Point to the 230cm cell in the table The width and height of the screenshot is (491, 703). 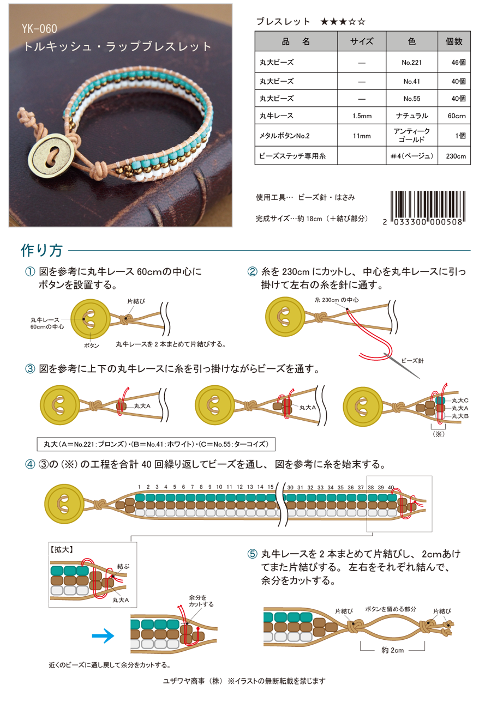(454, 156)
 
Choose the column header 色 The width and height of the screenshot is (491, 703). (412, 40)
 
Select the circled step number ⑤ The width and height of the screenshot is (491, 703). (252, 554)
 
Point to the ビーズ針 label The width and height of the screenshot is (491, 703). (412, 360)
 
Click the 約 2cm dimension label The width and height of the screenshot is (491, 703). (392, 650)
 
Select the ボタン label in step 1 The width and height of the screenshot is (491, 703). (91, 346)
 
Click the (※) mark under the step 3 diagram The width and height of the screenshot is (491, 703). (438, 435)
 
